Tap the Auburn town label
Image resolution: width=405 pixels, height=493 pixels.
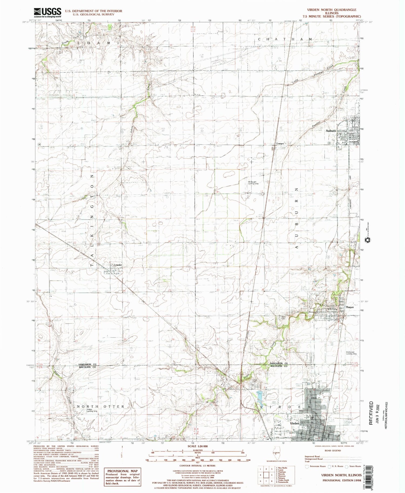(331, 131)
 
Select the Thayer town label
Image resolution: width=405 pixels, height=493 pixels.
(349, 307)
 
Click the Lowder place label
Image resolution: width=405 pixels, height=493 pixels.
(118, 265)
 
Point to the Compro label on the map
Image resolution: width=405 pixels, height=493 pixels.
(280, 144)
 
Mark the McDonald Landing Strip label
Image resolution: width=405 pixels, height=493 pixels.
(351, 353)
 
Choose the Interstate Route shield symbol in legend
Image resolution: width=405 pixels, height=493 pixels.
(306, 466)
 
